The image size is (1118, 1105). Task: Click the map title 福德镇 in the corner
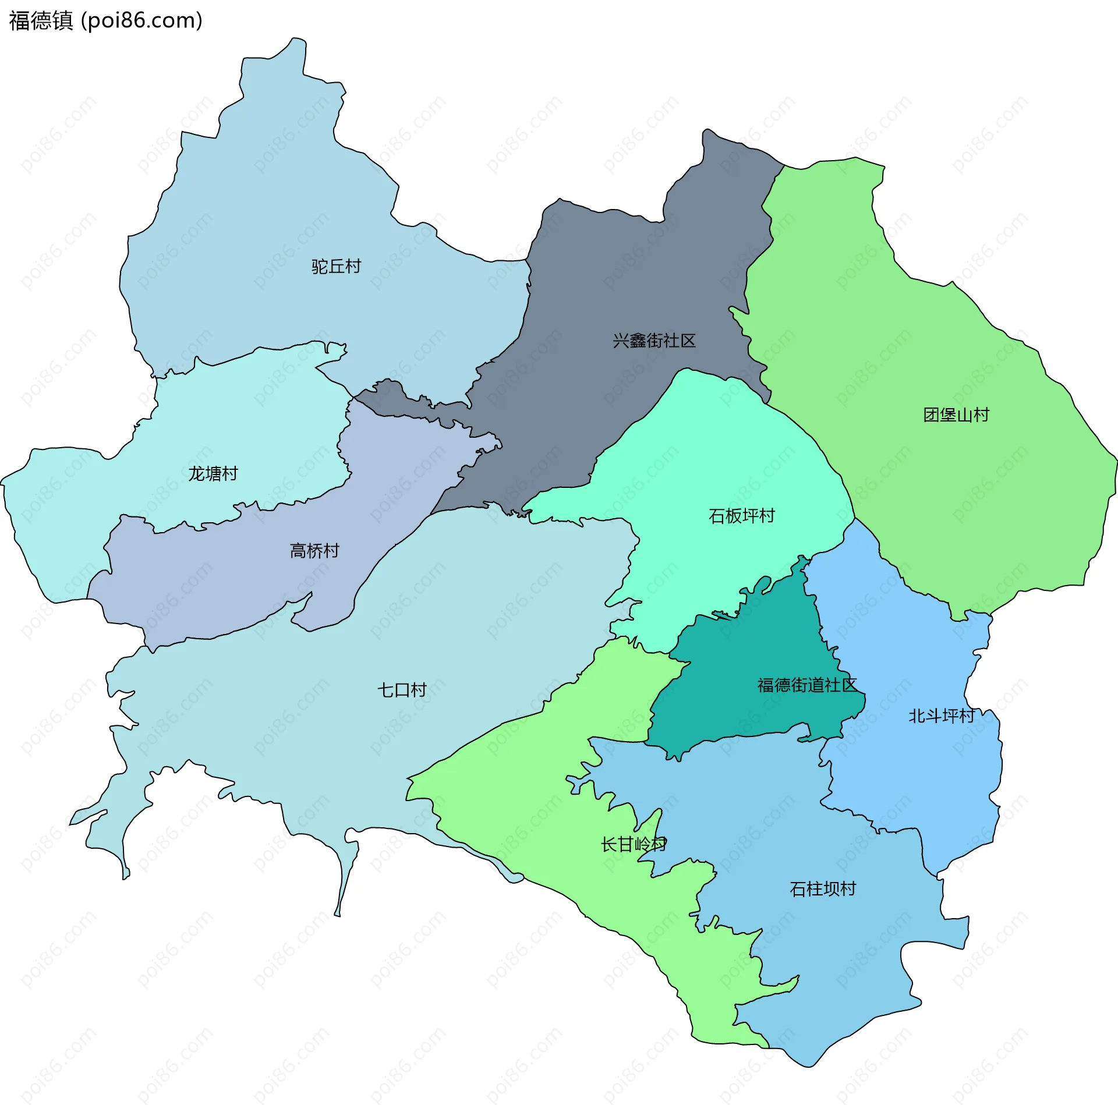41,20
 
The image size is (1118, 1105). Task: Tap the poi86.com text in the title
141,20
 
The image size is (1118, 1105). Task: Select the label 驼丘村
336,267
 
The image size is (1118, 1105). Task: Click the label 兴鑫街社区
654,341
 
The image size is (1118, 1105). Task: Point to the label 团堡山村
956,415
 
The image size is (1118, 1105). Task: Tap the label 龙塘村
213,474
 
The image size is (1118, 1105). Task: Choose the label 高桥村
314,551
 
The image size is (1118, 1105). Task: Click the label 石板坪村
741,516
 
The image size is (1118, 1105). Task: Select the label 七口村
402,690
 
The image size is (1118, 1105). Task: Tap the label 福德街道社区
807,685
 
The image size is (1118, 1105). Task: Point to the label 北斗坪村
942,716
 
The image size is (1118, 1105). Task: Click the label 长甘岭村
634,844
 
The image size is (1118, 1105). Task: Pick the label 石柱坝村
822,889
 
